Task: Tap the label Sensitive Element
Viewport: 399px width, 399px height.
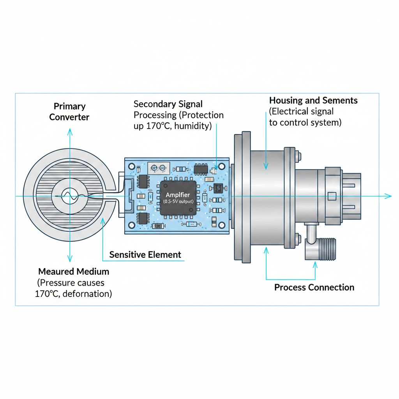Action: [145, 255]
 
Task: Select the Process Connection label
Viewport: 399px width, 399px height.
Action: [314, 288]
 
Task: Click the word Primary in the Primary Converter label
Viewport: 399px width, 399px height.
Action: [70, 106]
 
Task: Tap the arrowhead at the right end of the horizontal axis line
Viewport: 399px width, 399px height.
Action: [388, 196]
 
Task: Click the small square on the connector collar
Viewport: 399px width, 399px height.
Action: [332, 196]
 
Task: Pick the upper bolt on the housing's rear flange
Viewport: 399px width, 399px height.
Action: [298, 157]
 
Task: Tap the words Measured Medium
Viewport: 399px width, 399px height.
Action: [74, 271]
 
